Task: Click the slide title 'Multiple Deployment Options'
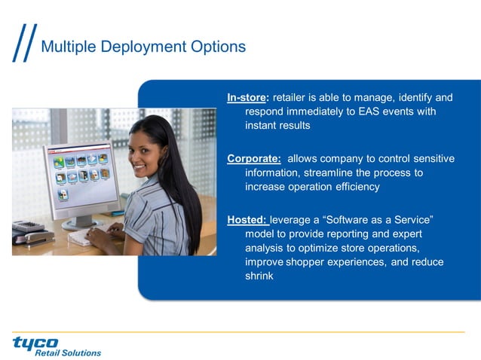pyautogui.click(x=142, y=47)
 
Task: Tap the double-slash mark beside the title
pyautogui.click(x=24, y=46)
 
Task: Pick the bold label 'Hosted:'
pyautogui.click(x=247, y=219)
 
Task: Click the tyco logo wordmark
pyautogui.click(x=36, y=343)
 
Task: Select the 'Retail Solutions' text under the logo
pyautogui.click(x=68, y=352)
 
